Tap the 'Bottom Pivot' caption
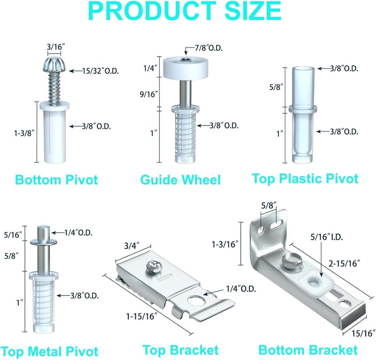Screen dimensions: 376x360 (x=56, y=180)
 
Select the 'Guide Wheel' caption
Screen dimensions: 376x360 (x=180, y=180)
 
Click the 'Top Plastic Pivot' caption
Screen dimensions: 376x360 (x=305, y=179)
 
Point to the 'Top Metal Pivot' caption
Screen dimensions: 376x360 (x=49, y=351)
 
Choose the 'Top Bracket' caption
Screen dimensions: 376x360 (x=180, y=350)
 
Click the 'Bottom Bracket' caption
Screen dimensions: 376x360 (x=308, y=350)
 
